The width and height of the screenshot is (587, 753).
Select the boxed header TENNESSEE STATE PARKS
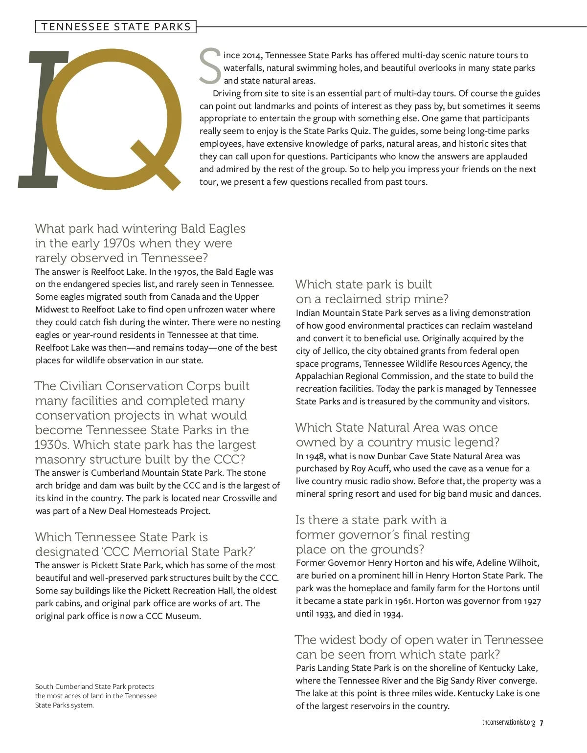click(x=116, y=26)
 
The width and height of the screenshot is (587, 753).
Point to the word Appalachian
click(x=319, y=376)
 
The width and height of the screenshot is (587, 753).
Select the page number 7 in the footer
click(x=542, y=723)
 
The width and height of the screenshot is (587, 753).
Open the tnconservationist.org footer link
click(x=508, y=723)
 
